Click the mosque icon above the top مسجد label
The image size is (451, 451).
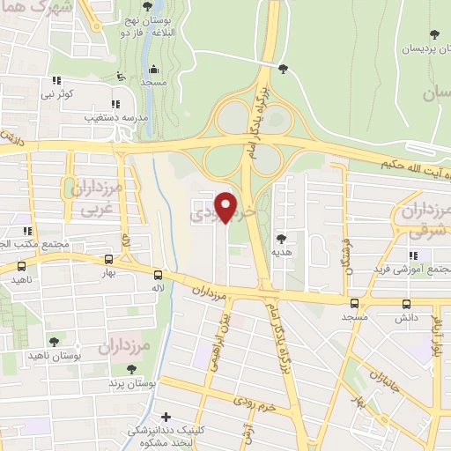[154, 70]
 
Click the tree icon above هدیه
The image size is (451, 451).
[282, 238]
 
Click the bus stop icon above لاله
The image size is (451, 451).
[157, 274]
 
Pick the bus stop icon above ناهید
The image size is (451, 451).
[20, 264]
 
